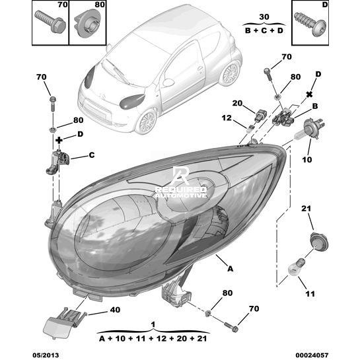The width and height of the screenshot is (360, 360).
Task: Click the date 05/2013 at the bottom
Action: tap(46, 355)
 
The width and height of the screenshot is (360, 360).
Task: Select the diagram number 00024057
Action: tap(312, 355)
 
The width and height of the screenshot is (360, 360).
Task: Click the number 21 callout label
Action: tap(306, 209)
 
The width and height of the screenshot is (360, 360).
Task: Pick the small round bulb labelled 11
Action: tap(297, 268)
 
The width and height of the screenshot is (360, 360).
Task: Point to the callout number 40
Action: tap(115, 310)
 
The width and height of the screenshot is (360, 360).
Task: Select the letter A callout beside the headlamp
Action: tap(230, 268)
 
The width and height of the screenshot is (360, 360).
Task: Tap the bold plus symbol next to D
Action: tap(59, 140)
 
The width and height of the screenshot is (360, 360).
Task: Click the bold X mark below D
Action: tap(309, 94)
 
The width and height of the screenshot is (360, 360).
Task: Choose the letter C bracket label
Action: tap(92, 155)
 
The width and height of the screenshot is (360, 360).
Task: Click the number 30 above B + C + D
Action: tap(264, 17)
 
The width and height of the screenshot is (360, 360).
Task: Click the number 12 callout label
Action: tap(227, 118)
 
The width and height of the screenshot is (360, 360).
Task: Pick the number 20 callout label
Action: tap(237, 103)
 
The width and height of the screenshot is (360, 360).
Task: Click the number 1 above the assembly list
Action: tap(153, 324)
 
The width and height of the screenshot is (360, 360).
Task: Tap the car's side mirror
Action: tap(168, 83)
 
